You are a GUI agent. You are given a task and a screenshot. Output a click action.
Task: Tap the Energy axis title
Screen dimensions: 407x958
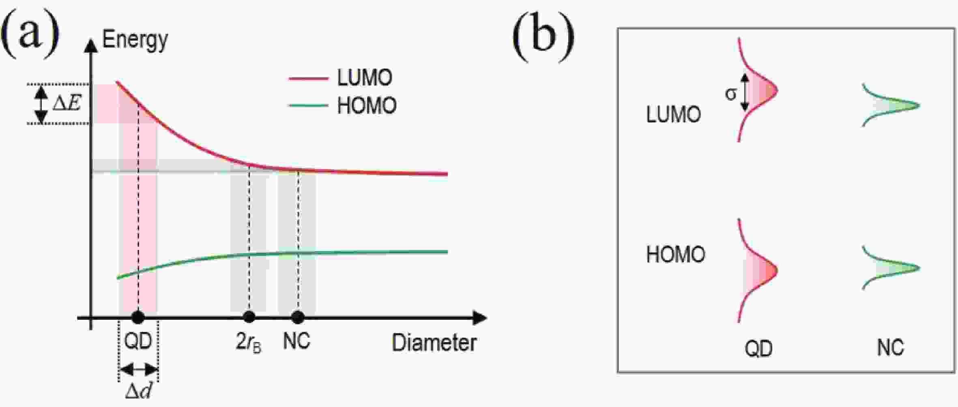(135, 40)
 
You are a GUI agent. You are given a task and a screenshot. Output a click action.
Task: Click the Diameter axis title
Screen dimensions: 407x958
(434, 343)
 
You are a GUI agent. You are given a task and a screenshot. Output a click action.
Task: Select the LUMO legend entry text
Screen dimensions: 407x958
(365, 78)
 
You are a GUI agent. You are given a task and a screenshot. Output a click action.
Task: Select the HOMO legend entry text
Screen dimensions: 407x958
(367, 106)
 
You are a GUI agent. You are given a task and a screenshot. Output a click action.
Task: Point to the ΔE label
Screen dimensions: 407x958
(67, 103)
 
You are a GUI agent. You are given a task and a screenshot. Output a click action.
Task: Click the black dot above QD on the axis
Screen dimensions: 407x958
(138, 317)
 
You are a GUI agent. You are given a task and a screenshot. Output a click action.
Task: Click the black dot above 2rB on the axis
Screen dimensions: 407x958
(249, 317)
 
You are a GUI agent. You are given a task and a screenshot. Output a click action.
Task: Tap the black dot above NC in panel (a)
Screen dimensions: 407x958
(298, 317)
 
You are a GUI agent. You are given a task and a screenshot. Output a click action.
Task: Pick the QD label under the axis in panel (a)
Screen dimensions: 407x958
(138, 342)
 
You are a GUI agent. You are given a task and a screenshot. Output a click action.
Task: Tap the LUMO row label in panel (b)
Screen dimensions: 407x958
(673, 114)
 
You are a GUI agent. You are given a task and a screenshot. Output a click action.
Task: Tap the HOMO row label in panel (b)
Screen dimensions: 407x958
(675, 255)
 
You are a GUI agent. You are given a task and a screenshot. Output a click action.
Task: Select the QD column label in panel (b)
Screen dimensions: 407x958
(758, 349)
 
